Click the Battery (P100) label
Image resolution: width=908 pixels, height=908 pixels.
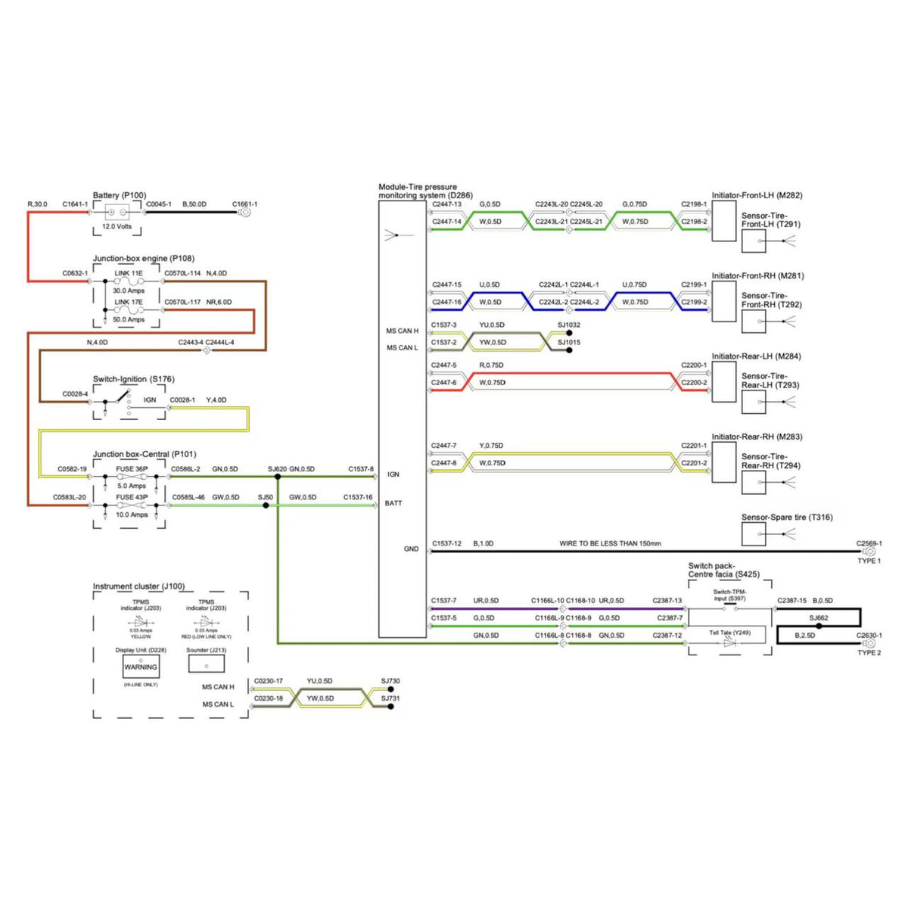(x=120, y=195)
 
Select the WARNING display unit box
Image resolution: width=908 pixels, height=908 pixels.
(x=141, y=667)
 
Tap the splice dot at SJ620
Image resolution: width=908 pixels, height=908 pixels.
(x=278, y=477)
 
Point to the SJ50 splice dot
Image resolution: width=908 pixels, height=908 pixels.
(x=266, y=505)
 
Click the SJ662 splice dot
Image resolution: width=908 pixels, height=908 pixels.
(x=819, y=627)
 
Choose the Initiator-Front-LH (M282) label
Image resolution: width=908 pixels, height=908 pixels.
(x=757, y=195)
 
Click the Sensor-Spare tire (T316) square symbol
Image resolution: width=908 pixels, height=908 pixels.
(x=753, y=534)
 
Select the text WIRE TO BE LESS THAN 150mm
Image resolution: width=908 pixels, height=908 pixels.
(x=610, y=543)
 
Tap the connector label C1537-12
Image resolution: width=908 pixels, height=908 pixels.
(x=446, y=543)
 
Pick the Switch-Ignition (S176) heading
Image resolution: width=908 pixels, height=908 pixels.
(x=133, y=379)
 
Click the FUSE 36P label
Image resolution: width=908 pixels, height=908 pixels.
(x=132, y=469)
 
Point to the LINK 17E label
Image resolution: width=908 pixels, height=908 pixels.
(x=129, y=302)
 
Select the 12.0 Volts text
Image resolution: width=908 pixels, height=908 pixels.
(x=117, y=226)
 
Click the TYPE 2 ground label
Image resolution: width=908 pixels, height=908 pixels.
(x=869, y=652)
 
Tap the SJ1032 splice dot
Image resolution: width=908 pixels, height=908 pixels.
(x=569, y=333)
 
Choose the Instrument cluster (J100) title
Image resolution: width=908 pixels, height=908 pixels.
(x=138, y=586)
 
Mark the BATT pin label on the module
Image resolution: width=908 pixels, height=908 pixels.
(x=393, y=503)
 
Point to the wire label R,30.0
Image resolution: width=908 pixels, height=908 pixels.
(x=37, y=204)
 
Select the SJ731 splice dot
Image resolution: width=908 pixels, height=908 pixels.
(x=390, y=707)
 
